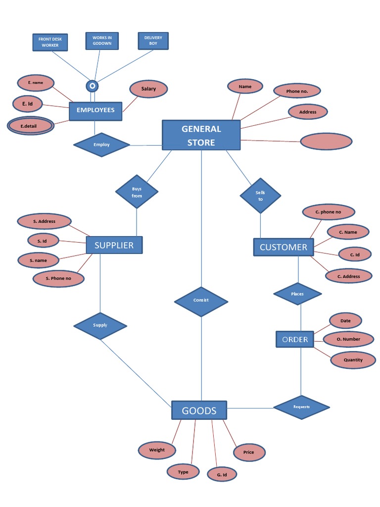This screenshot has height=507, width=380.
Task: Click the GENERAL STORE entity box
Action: [201, 135]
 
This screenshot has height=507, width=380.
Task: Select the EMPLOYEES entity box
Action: [95, 110]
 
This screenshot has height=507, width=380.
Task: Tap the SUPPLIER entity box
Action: [114, 245]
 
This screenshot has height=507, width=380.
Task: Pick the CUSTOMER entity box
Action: [283, 247]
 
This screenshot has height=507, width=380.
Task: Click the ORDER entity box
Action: [295, 339]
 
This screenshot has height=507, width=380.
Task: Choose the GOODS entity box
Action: [199, 410]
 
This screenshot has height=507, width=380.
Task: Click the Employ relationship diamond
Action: [101, 145]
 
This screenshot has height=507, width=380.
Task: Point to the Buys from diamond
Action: [137, 192]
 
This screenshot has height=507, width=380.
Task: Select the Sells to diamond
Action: [260, 196]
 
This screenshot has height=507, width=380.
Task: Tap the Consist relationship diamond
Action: [201, 300]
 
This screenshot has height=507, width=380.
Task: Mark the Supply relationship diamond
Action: [100, 325]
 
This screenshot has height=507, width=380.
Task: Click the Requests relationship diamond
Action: [301, 407]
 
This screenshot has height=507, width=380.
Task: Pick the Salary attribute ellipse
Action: [148, 89]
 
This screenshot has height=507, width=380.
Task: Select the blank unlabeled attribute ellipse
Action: [326, 141]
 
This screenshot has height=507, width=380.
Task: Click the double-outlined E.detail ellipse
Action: [31, 126]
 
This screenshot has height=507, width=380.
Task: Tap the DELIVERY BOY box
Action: [153, 41]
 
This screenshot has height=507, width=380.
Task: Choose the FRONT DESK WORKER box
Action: [50, 42]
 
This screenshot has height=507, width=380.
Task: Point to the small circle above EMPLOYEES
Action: [92, 86]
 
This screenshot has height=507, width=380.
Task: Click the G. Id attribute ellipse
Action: [222, 474]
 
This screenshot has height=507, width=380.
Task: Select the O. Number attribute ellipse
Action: [348, 339]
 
